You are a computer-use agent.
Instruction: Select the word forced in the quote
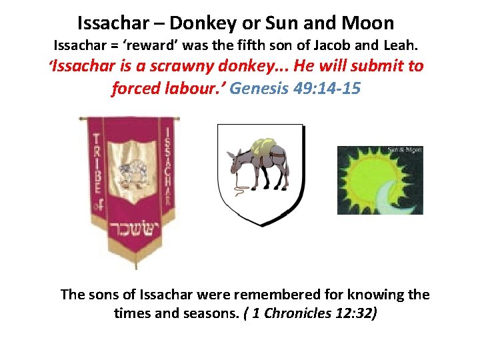pyautogui.click(x=136, y=89)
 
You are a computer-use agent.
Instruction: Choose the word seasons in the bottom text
pyautogui.click(x=203, y=313)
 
